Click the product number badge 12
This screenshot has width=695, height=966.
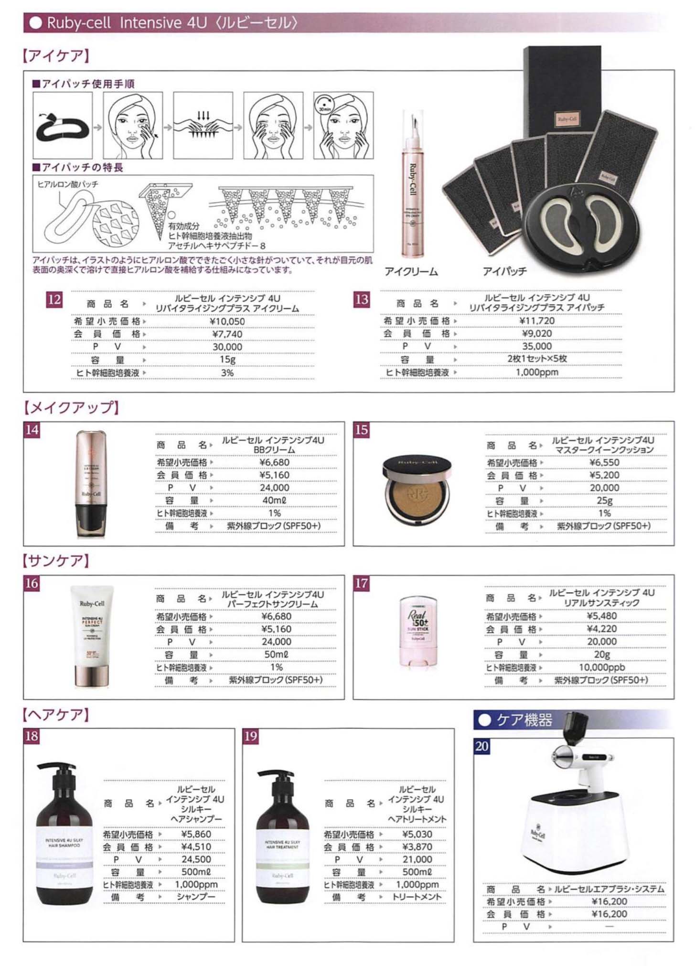click(54, 300)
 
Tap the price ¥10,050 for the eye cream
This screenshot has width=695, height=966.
click(227, 322)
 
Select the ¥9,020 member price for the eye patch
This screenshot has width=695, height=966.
click(537, 333)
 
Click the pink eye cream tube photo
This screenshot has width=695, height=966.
click(412, 186)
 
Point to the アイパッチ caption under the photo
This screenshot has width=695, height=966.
click(504, 272)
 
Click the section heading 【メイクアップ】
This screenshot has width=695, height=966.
click(71, 408)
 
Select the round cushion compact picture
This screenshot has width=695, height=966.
click(417, 488)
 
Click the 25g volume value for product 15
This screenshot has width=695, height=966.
click(604, 500)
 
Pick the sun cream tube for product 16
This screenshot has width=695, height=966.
click(92, 635)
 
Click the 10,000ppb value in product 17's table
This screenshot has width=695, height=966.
click(601, 667)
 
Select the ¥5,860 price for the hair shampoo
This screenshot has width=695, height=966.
click(196, 834)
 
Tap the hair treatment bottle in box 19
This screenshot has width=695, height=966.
click(282, 846)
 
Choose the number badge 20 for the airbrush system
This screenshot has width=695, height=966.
click(481, 746)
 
